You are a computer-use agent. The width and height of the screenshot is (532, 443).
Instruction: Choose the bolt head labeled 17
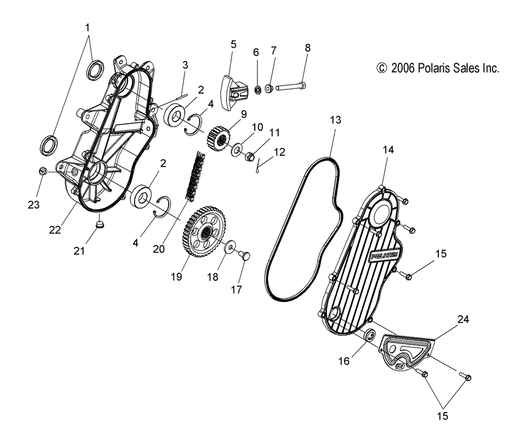[x=246, y=256]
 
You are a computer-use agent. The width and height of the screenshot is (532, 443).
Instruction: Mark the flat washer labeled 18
[x=230, y=248]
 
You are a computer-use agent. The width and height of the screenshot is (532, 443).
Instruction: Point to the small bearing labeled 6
[x=257, y=89]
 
